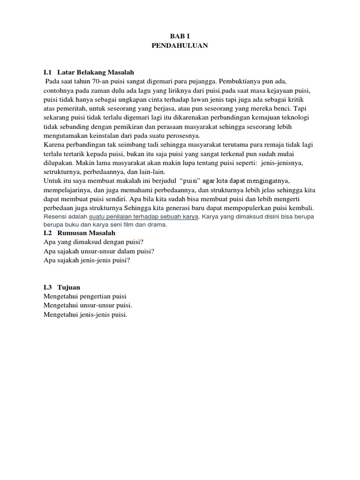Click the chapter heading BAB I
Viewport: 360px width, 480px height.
[180, 36]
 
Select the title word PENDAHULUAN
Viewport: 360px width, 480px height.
[180, 45]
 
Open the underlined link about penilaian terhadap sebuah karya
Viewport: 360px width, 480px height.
[144, 217]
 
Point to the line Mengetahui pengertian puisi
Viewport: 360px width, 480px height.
[85, 296]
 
